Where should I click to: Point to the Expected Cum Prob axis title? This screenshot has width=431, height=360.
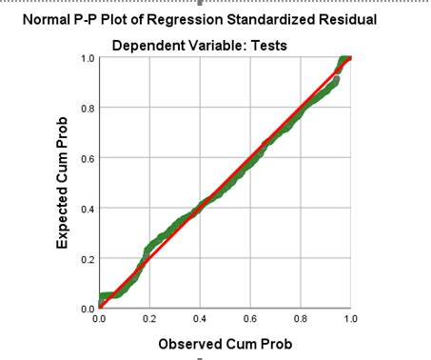63,184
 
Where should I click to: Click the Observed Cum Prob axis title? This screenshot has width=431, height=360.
225,343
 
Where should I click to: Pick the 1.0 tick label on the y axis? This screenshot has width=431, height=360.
86,58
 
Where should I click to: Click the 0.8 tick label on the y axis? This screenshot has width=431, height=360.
86,109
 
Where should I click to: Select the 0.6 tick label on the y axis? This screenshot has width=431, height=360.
86,158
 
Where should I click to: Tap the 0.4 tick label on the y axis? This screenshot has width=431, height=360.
86,209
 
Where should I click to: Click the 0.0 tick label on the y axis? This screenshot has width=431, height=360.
86,308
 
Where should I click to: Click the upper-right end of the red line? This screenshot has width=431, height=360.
350,58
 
